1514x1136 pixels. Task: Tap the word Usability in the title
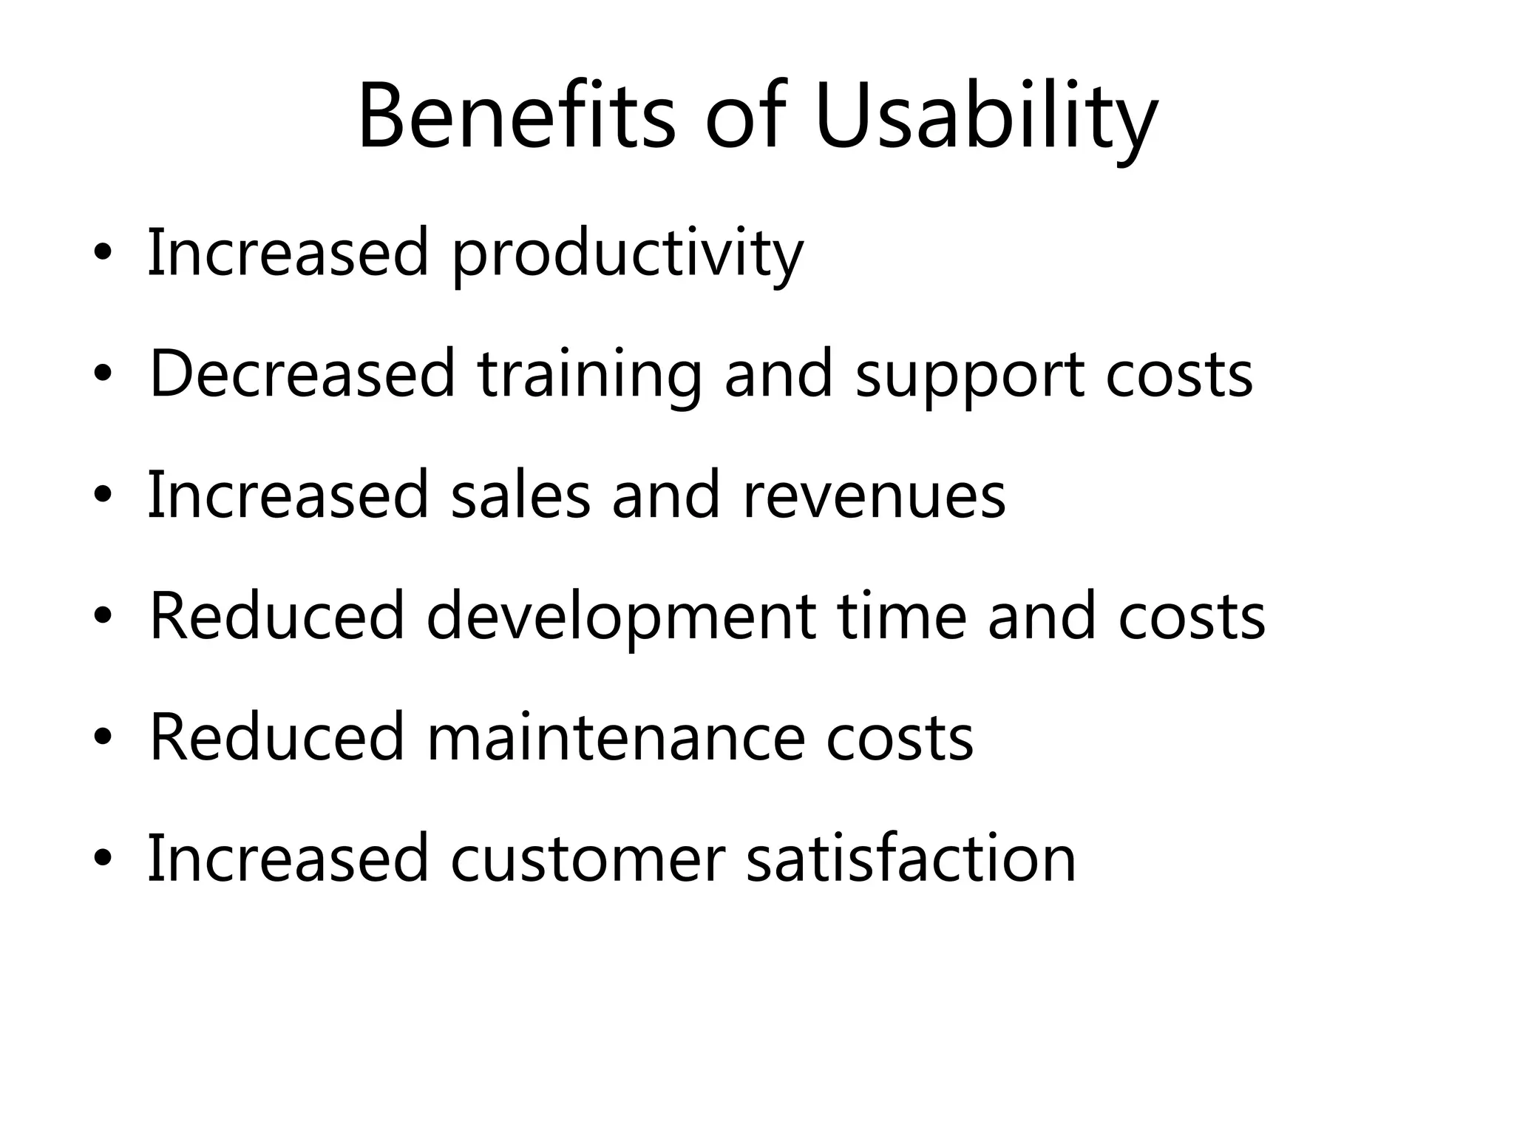coord(985,118)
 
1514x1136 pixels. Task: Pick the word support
coord(970,375)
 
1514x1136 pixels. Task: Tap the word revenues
coord(874,496)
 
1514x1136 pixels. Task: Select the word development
coord(621,616)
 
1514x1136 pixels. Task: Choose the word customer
coord(588,858)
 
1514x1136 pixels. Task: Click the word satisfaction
coord(911,858)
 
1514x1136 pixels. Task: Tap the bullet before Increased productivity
coord(103,255)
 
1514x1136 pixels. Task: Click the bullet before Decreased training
coord(103,376)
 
